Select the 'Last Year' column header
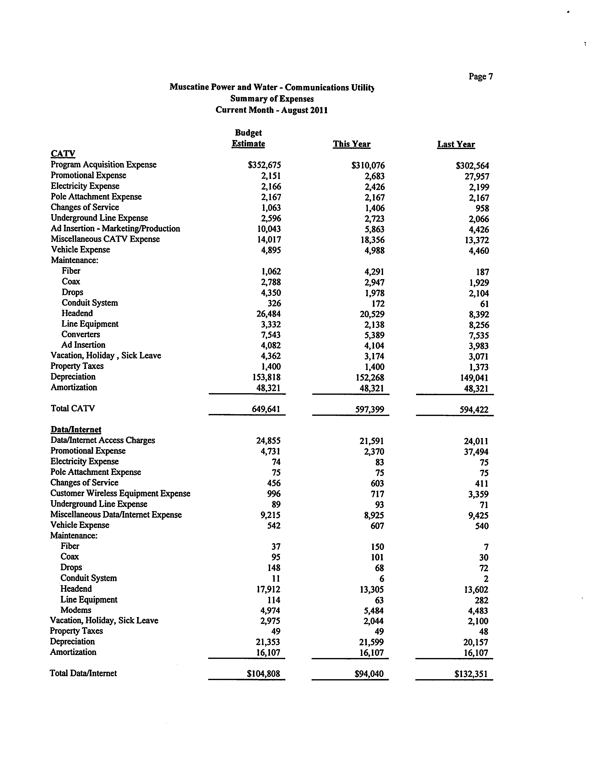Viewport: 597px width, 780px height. (456, 144)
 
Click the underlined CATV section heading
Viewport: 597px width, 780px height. (63, 154)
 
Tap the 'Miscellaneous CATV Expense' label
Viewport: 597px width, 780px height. (105, 239)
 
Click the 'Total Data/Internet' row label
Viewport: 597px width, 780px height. (83, 673)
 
